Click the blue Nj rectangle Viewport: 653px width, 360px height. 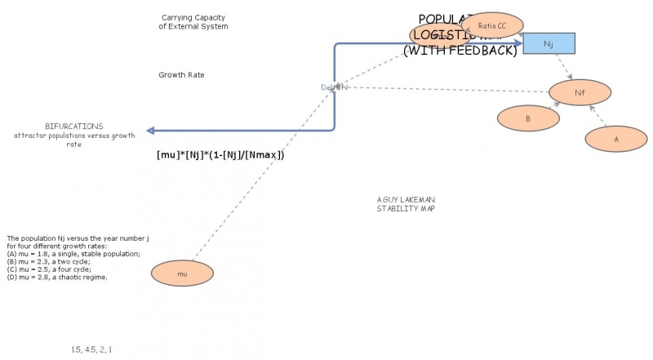549,44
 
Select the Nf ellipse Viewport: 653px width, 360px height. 580,92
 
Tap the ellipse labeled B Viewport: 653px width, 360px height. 528,118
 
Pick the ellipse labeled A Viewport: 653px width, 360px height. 616,139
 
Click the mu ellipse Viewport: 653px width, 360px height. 182,273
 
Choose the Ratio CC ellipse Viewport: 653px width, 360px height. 492,26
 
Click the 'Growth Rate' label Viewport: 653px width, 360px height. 181,75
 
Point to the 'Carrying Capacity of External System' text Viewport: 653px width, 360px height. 193,22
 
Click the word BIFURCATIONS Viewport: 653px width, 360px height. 74,127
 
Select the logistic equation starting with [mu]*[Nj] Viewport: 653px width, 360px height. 220,154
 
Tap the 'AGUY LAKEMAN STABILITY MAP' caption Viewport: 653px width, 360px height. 405,204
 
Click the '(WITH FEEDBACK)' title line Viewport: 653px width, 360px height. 460,51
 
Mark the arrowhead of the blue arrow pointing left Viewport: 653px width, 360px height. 150,131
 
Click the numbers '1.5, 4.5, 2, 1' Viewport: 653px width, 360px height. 91,349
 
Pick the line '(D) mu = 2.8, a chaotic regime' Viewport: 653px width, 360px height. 57,278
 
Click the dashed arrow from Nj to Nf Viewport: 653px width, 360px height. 563,67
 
